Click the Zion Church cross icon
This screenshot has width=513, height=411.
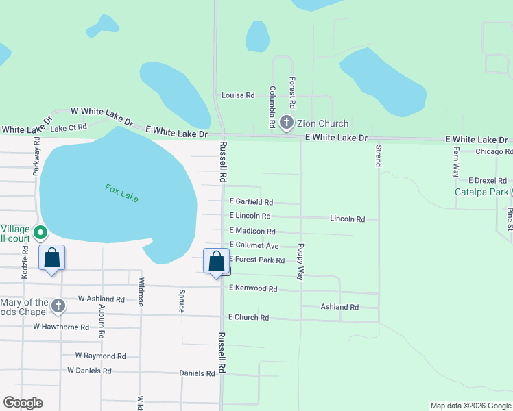tap(286, 123)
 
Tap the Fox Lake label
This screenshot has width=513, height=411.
tap(122, 192)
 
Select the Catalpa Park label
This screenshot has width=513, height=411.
tap(481, 192)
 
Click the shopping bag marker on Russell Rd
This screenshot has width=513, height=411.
tap(217, 262)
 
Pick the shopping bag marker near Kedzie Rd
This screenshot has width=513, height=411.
tap(52, 258)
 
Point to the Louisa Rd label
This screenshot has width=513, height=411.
tap(238, 95)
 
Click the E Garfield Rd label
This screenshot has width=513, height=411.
tap(251, 202)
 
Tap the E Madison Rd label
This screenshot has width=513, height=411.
tap(252, 232)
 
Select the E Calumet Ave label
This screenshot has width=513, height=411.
tap(254, 245)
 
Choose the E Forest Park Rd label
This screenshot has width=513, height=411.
tap(256, 260)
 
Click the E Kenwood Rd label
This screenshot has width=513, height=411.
tap(253, 289)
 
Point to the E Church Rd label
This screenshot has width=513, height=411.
tap(249, 318)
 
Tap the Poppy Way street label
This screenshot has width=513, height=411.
tap(300, 261)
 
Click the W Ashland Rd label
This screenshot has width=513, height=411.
tap(102, 299)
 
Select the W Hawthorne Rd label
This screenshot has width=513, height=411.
tap(61, 327)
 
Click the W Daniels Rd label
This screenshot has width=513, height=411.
tap(89, 371)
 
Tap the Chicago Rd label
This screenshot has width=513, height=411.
tap(494, 151)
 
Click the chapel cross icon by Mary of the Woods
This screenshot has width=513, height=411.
tap(58, 306)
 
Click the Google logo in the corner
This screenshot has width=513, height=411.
tap(23, 403)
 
